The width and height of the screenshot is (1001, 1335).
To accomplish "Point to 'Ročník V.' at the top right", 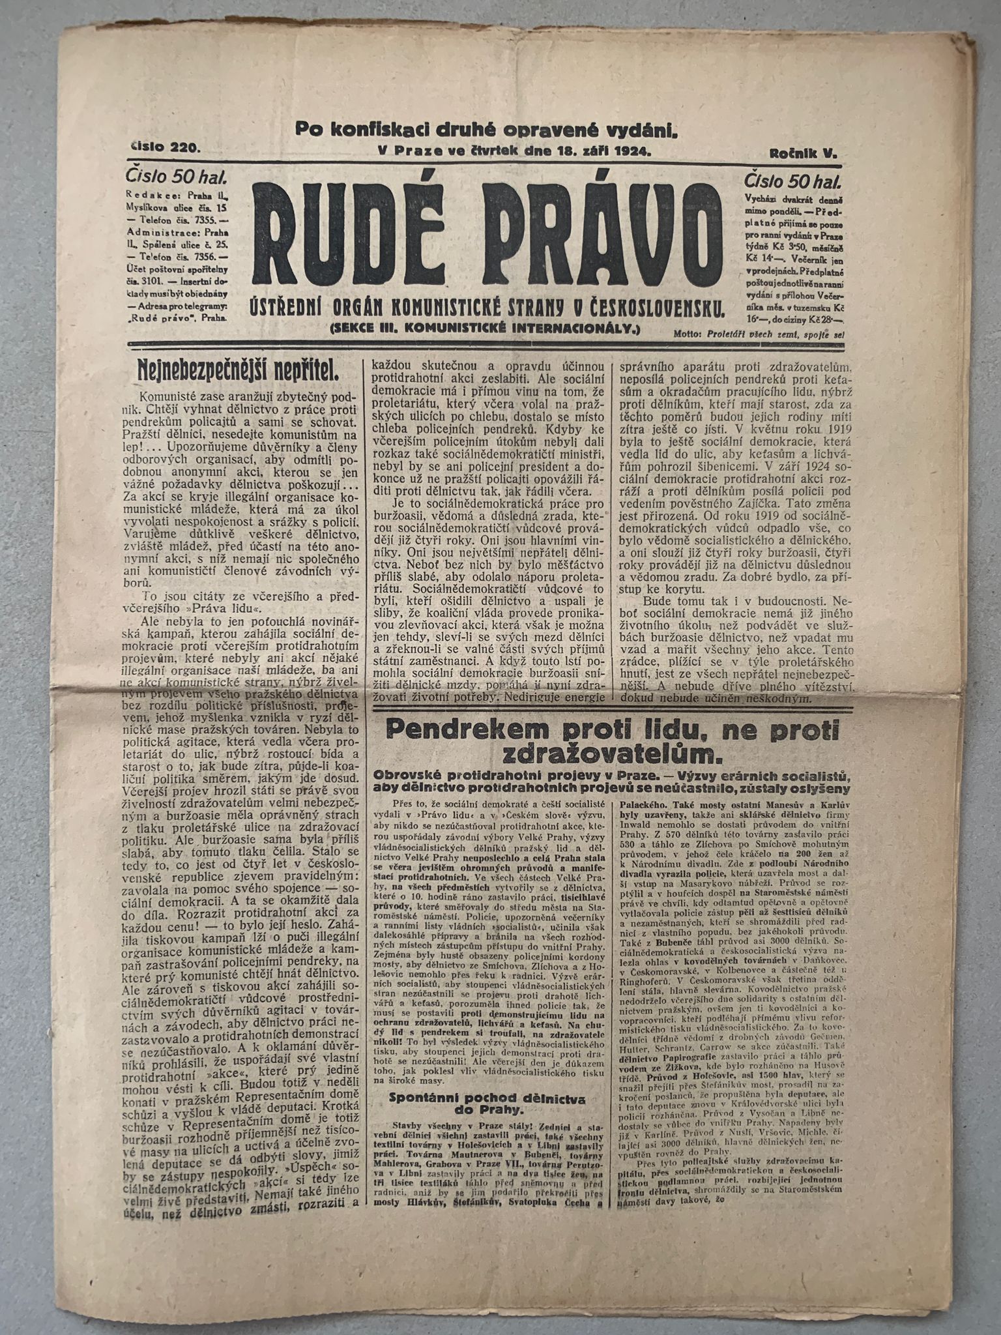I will (802, 153).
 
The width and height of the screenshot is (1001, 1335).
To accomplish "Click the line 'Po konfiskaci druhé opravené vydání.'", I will (486, 129).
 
